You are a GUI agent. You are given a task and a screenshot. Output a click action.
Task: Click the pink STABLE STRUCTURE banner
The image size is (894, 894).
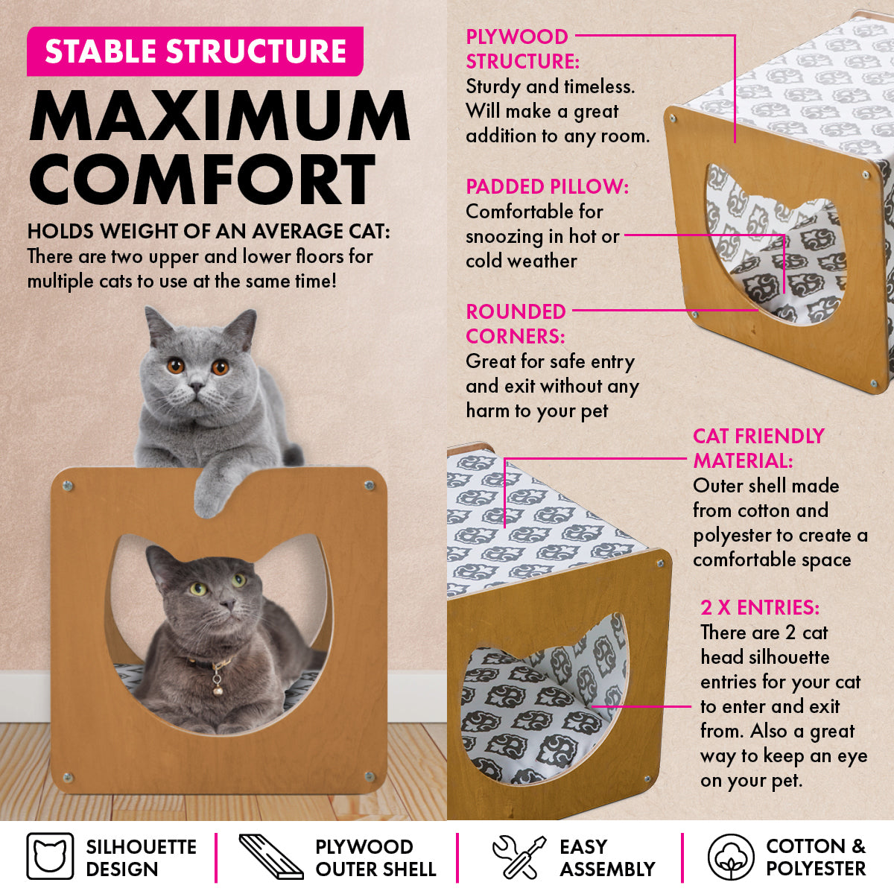195,51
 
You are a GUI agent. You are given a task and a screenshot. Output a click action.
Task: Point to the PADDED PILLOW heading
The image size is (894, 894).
548,186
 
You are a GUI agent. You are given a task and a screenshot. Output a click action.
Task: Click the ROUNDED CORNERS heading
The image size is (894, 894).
516,323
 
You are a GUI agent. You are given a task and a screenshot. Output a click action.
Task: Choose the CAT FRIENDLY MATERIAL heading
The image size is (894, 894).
758,448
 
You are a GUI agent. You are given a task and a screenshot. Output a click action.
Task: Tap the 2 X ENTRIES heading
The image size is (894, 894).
760,608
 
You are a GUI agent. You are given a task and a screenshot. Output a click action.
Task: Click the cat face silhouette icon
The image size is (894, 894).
50,857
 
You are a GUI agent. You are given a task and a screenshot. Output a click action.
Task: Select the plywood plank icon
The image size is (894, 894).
270,857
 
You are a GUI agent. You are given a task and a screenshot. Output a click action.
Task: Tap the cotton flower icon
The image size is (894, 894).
731,857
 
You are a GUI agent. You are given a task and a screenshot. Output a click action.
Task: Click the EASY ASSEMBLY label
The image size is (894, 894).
606,857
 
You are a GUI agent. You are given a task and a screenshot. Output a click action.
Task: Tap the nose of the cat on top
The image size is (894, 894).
196,387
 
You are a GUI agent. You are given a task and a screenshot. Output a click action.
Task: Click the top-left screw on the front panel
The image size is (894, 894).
68,486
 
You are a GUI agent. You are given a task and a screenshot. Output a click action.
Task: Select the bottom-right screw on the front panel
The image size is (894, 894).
370,776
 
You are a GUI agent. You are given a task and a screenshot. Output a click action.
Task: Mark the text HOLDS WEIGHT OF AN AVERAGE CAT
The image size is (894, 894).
209,231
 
